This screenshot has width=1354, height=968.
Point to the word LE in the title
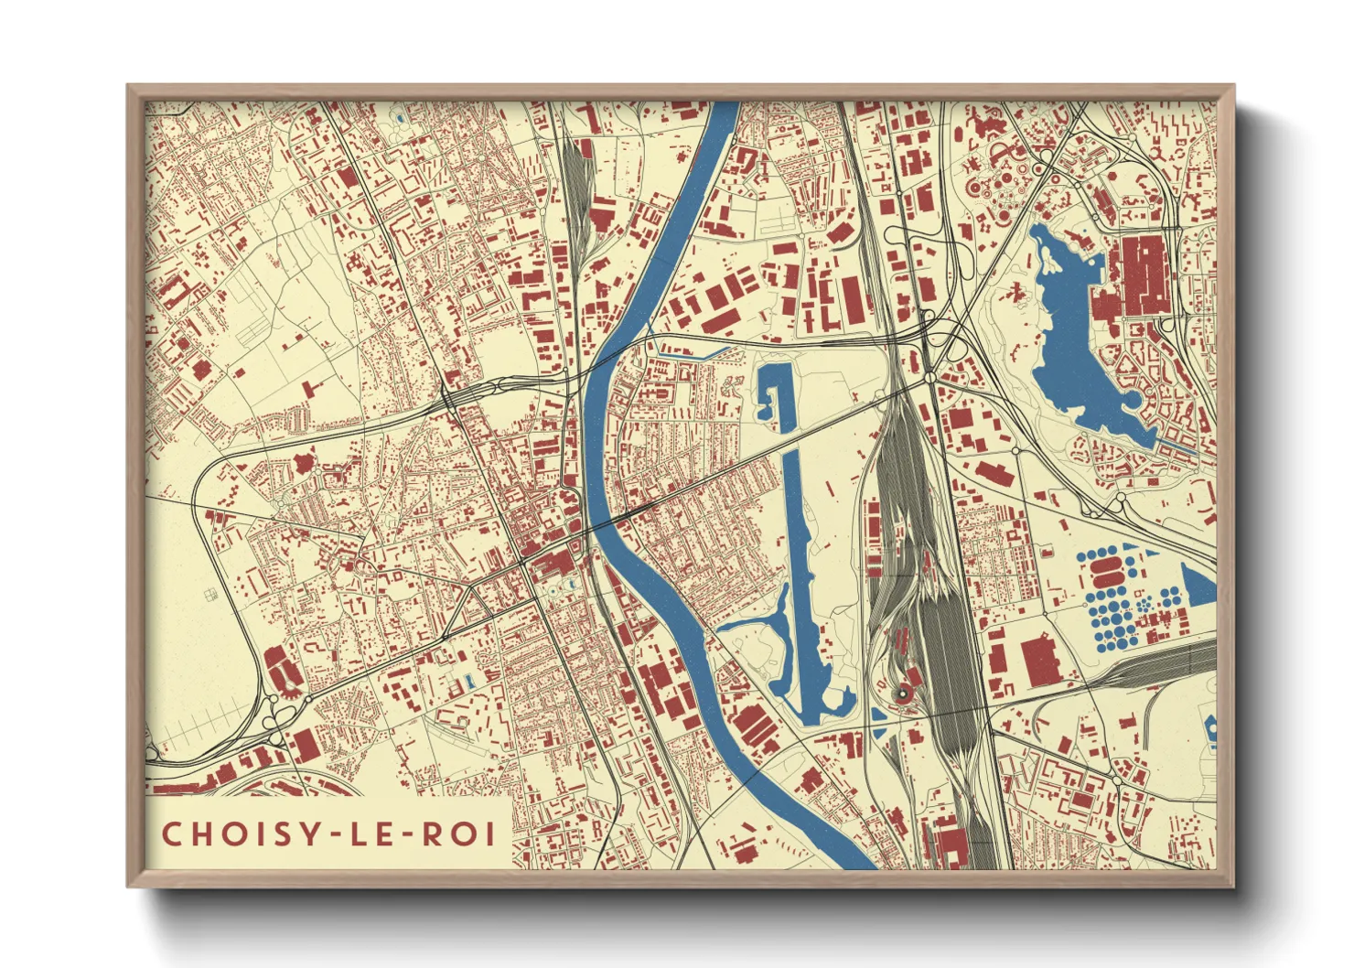click(x=374, y=834)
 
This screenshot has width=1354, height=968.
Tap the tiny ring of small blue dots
click(x=1143, y=603)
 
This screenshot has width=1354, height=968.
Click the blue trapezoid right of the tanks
click(x=1199, y=586)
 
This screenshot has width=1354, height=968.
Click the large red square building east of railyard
click(x=1038, y=660)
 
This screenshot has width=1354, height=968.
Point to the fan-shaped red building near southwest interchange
click(x=280, y=668)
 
